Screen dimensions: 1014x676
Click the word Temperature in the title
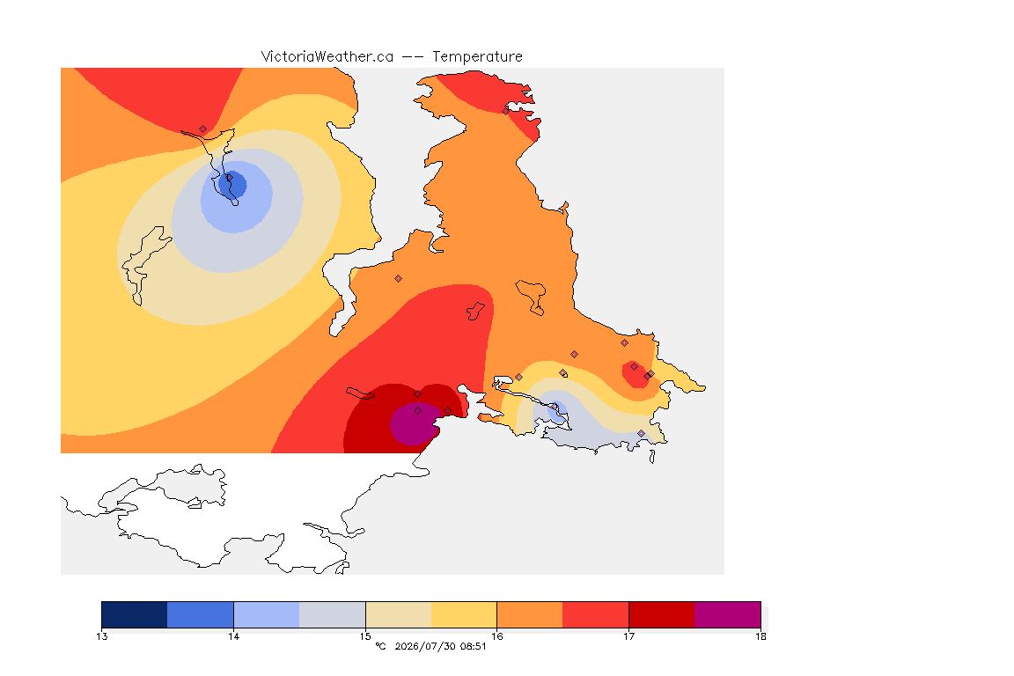[x=477, y=57]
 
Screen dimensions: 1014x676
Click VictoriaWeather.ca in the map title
[x=327, y=57]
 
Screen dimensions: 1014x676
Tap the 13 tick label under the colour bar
[x=101, y=636]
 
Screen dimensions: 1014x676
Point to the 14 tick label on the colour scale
[x=233, y=636]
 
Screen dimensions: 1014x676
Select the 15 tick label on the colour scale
[x=365, y=636]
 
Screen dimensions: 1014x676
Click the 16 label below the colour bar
[x=496, y=636]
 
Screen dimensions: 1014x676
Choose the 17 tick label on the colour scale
[x=628, y=636]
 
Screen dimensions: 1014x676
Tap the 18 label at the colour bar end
[x=760, y=636]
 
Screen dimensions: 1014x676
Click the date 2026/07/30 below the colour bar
[x=424, y=646]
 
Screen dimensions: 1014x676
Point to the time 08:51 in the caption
[x=473, y=646]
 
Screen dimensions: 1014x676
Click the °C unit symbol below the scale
[x=380, y=646]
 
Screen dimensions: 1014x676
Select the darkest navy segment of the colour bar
[x=135, y=614]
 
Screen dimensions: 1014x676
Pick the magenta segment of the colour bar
[x=728, y=614]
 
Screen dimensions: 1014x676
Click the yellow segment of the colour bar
[x=464, y=614]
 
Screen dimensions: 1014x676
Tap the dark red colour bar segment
[x=662, y=614]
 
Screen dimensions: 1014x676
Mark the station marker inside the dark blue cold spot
[x=229, y=177]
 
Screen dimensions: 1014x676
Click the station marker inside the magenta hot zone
[x=418, y=411]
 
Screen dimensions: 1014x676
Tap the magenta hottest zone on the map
[x=415, y=423]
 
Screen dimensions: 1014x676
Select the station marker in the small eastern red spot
[x=634, y=367]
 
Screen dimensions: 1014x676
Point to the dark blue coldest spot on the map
[x=232, y=184]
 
